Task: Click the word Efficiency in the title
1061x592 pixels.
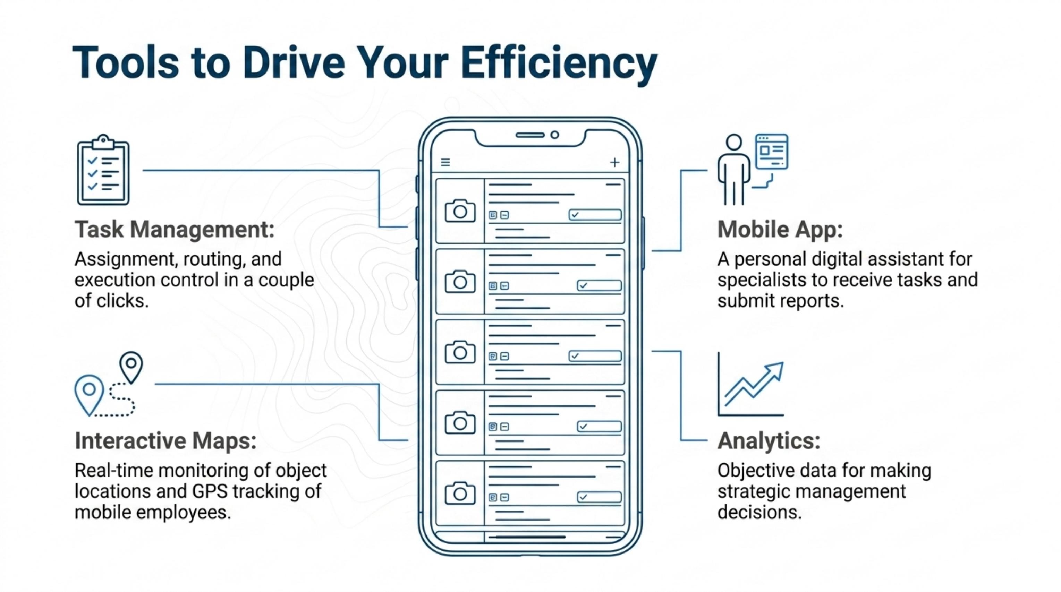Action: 559,64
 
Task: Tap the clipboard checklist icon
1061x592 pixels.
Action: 103,170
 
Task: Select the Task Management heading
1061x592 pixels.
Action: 174,229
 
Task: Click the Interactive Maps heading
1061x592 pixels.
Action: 165,440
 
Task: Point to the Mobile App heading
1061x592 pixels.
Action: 780,230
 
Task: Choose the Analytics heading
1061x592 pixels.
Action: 769,441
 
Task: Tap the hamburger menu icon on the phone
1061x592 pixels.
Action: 445,162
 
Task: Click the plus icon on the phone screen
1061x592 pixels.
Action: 614,162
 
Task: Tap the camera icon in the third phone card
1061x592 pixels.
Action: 460,352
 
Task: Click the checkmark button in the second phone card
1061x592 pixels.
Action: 599,285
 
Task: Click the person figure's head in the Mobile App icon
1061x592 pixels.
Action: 733,142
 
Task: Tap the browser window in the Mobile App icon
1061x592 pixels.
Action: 771,152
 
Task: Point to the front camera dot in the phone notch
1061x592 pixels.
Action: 555,135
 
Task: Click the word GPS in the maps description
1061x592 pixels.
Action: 209,491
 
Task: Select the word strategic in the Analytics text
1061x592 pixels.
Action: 755,491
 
